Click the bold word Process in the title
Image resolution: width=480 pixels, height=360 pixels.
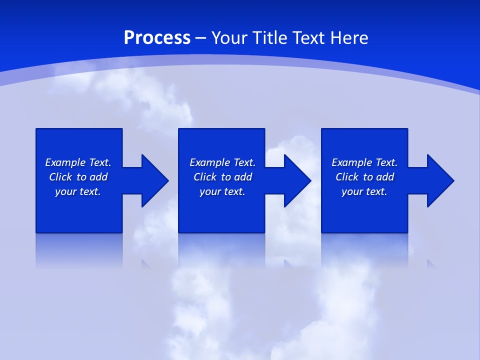(157, 38)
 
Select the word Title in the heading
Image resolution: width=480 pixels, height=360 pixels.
(269, 38)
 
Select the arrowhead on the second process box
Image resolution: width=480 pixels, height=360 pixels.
(297, 180)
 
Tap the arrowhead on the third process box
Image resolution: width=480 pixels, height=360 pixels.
(440, 180)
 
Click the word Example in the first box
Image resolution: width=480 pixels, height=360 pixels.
(65, 162)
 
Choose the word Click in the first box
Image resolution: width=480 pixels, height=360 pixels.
(60, 177)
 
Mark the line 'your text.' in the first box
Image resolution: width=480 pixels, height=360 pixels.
(78, 191)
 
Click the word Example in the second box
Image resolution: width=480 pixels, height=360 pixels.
(209, 162)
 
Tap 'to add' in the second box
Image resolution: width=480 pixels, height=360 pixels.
(236, 177)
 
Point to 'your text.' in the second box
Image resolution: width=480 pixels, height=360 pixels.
(222, 191)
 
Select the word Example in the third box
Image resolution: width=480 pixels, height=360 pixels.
(351, 162)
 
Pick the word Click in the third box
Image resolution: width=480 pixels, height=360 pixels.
(347, 177)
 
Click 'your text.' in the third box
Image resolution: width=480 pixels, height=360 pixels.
(364, 191)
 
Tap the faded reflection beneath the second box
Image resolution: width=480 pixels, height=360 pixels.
(221, 250)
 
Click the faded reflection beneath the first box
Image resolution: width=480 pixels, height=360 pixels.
(79, 250)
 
